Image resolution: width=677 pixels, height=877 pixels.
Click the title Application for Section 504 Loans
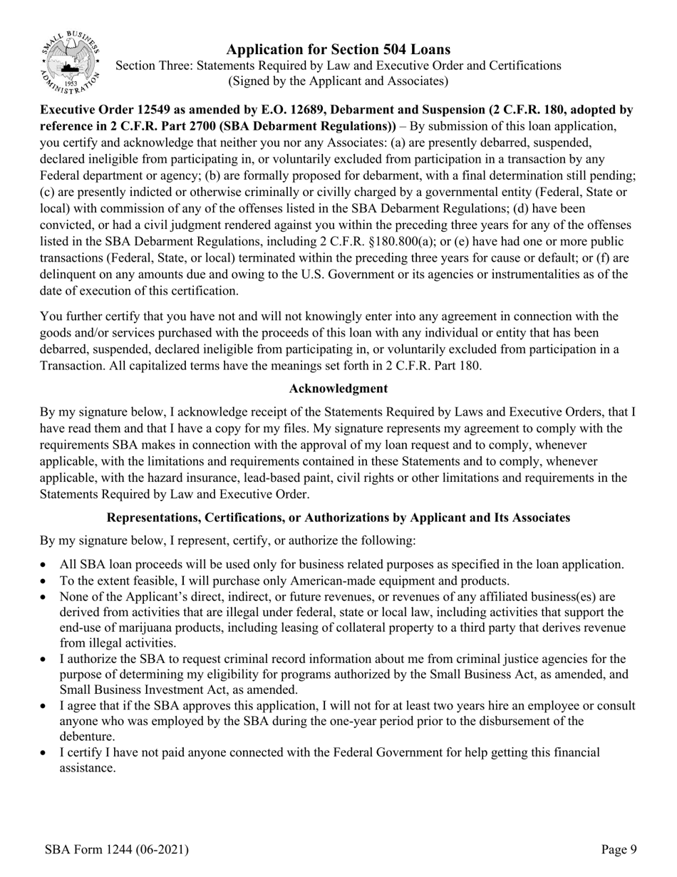(x=338, y=49)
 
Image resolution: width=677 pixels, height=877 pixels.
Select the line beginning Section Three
(x=338, y=66)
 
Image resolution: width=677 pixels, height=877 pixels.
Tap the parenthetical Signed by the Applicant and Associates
(x=338, y=81)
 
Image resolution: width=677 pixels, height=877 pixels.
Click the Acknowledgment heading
(x=338, y=389)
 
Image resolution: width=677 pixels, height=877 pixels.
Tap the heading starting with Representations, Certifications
(x=338, y=518)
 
